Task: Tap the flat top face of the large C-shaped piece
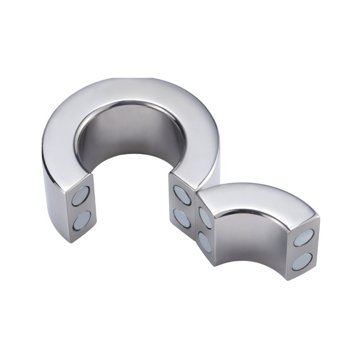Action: pos(132,96)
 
